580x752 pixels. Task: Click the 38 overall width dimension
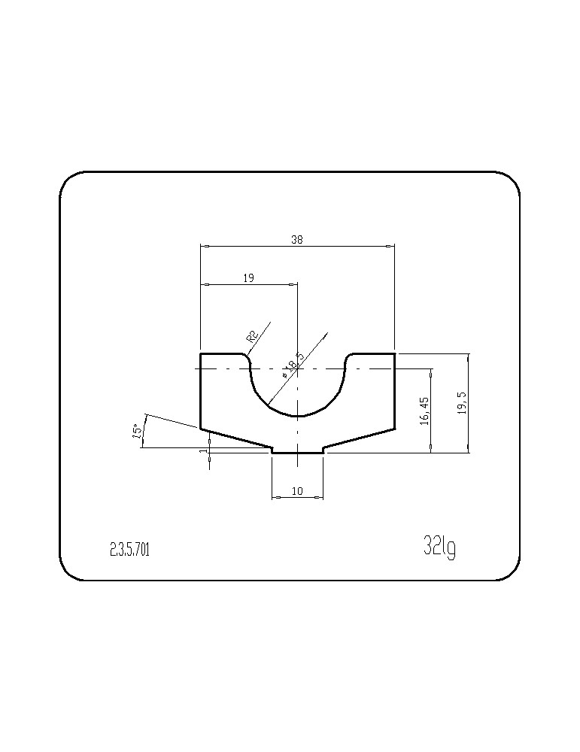click(x=297, y=240)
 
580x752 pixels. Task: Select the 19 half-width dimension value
click(x=248, y=277)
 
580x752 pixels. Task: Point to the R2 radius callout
click(x=252, y=335)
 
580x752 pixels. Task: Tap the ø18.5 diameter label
click(x=293, y=365)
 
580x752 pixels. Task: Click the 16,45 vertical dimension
click(x=424, y=410)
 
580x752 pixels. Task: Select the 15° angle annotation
click(x=137, y=431)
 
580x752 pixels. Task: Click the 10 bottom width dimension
click(x=297, y=490)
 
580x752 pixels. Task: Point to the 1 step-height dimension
click(x=206, y=450)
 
